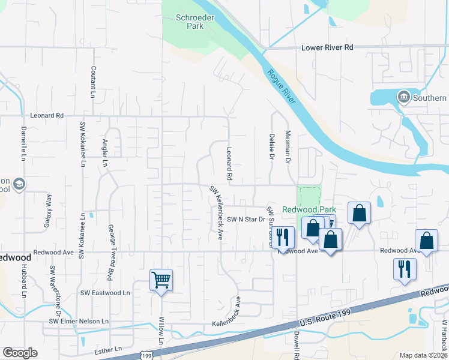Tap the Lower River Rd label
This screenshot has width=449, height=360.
click(327, 47)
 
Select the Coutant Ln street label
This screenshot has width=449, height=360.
click(93, 82)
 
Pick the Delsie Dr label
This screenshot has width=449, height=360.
click(271, 147)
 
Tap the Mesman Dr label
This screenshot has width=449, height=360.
click(288, 149)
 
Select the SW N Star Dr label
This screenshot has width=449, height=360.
click(246, 220)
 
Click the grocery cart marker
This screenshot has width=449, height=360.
click(161, 280)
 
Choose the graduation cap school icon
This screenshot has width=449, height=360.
click(19, 184)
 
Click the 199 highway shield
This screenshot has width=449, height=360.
click(148, 356)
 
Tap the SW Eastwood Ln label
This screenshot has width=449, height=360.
click(105, 293)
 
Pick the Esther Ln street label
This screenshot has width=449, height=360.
click(109, 348)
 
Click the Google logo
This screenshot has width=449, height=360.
click(20, 353)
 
